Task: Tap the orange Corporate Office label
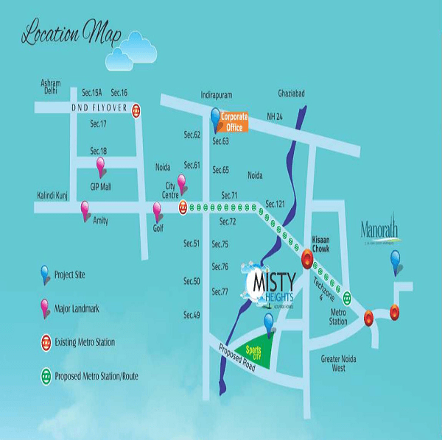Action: click(x=234, y=122)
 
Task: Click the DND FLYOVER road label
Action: click(x=95, y=108)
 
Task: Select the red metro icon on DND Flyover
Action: click(x=137, y=109)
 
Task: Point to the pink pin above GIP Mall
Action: click(x=102, y=164)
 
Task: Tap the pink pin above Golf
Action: click(x=157, y=211)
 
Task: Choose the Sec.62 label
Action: click(x=192, y=135)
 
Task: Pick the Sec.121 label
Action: click(x=275, y=203)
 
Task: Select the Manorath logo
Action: click(x=382, y=231)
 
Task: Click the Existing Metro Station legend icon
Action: click(x=46, y=342)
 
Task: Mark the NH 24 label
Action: click(x=276, y=116)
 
